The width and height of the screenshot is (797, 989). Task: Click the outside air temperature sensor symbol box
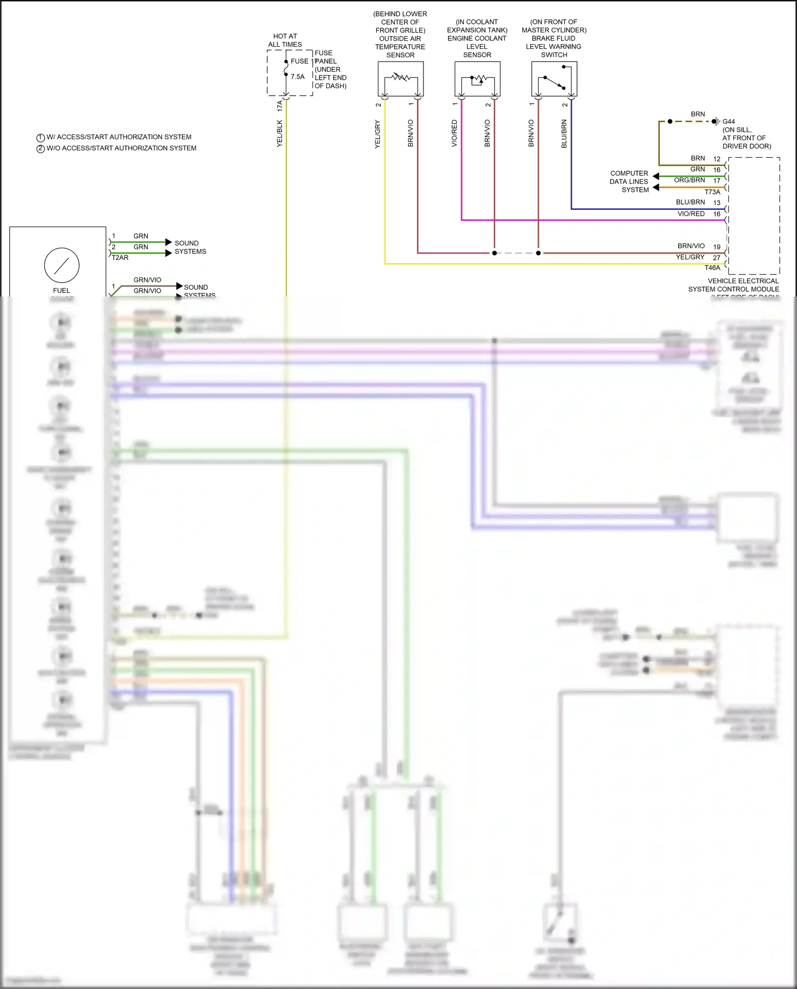[x=401, y=79]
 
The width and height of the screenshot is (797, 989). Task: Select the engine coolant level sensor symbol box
[x=477, y=79]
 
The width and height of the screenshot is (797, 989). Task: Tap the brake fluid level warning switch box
[x=554, y=79]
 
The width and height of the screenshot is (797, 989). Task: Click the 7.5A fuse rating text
[x=298, y=77]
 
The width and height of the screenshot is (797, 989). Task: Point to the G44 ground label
[x=728, y=122]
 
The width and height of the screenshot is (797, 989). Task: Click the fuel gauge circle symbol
[x=62, y=265]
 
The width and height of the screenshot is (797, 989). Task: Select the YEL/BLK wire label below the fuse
[x=279, y=133]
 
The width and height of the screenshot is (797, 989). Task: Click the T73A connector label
[x=712, y=192]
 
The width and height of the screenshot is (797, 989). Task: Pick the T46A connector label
[x=712, y=268]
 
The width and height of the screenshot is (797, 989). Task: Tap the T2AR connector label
[x=120, y=258]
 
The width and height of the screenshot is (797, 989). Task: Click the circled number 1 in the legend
[x=40, y=138]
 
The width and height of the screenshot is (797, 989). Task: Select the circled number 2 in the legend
[x=40, y=149]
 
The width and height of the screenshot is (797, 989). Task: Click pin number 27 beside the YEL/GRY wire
[x=716, y=258]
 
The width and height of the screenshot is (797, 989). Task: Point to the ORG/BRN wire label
[x=689, y=180]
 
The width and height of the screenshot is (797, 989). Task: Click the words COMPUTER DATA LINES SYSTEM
[x=629, y=182]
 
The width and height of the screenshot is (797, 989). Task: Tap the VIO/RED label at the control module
[x=691, y=214]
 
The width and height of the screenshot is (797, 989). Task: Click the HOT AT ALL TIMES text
[x=285, y=40]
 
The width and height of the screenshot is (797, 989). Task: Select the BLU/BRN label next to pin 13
[x=690, y=202]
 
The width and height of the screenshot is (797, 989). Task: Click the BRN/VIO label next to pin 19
[x=691, y=246]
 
